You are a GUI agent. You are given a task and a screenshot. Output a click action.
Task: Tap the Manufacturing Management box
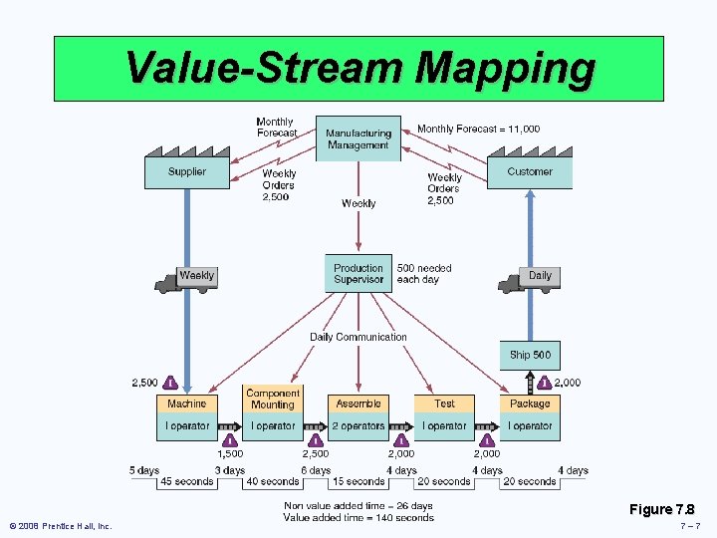tap(358, 138)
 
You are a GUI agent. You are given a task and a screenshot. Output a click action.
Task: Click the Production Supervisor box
tap(358, 273)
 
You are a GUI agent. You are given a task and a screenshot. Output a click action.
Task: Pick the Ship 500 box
tap(530, 355)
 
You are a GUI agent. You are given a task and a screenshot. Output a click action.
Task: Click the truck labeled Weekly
tap(186, 279)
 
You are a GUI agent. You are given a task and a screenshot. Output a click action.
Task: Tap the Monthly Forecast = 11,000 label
tap(479, 129)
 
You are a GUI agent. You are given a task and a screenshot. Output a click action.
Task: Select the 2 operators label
tap(358, 425)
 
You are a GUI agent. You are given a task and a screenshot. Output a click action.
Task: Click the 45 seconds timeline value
tap(186, 482)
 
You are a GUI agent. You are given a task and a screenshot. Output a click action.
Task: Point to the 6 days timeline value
tap(316, 470)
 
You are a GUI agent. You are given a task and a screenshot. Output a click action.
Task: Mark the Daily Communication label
tap(358, 337)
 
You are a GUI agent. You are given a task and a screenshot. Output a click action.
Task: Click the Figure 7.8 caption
tap(661, 509)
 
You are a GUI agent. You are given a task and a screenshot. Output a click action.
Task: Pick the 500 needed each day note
tap(424, 274)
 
